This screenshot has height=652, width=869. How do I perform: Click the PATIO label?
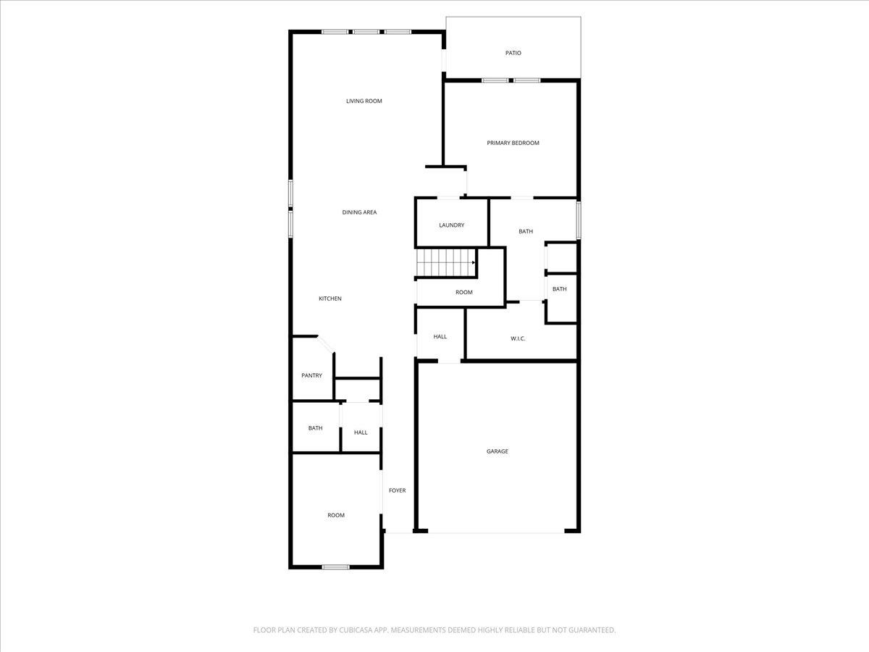pos(513,53)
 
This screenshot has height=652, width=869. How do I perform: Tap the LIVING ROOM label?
pos(364,101)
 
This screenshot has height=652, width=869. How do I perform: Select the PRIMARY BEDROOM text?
pos(513,143)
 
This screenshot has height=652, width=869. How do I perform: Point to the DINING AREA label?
pos(359,212)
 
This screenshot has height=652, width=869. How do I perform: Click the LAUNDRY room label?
pos(451,225)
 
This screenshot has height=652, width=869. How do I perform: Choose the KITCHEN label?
pos(329,298)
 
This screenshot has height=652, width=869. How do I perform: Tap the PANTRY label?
pos(311,375)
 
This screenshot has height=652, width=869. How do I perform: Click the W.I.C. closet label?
pos(517,338)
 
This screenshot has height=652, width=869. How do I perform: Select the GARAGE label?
pos(497,451)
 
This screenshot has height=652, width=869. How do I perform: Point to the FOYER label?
pos(397,490)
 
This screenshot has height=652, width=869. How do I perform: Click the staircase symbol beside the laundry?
pos(445,262)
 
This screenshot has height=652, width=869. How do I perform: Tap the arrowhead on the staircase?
pos(473,262)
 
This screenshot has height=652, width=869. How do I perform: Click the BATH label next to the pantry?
pos(315,428)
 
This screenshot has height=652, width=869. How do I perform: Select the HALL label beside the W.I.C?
pos(440,337)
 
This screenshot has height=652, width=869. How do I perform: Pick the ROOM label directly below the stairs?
pos(463,293)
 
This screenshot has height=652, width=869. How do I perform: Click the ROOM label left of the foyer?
pos(335,515)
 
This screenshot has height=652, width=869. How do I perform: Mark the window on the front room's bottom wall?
pos(335,567)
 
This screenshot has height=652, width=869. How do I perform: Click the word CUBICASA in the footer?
pos(356,630)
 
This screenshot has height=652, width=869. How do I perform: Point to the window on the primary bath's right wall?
pos(578,220)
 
